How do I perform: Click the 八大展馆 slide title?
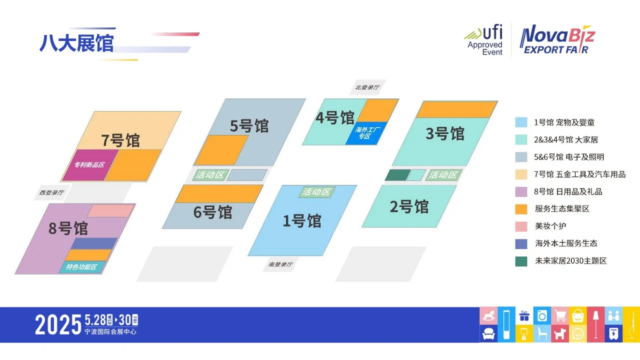pos(76,43)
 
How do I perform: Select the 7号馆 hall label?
pos(120,140)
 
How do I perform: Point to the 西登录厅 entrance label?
pos(52,192)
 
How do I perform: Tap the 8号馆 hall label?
pos(68,228)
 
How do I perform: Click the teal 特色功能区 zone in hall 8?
pos(80,267)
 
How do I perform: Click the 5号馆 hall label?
pos(249,126)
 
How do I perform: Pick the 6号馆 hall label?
pos(212,212)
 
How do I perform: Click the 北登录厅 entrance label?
pos(367,87)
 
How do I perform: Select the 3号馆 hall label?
pos(445,134)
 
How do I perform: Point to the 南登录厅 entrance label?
pos(280,264)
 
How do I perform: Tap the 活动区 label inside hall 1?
pos(316,192)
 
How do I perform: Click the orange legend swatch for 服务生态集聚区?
pos(521,209)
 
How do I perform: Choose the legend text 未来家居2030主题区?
pos(570,261)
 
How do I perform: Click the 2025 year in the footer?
pos(58,325)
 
